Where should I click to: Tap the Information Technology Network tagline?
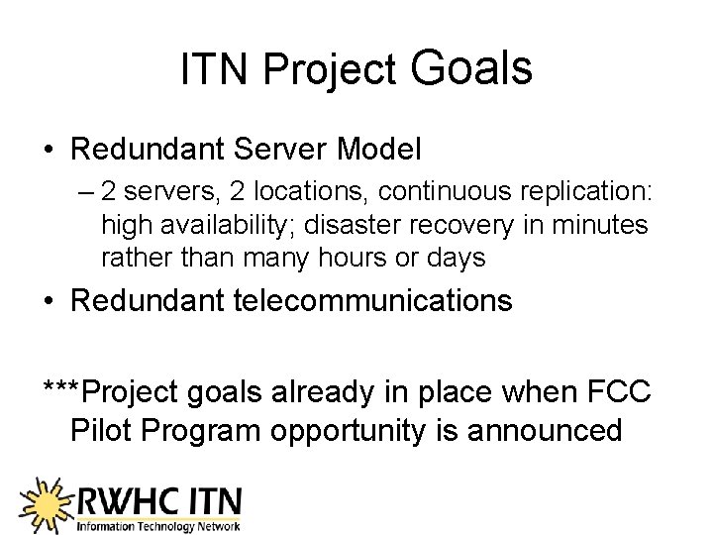click(158, 526)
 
